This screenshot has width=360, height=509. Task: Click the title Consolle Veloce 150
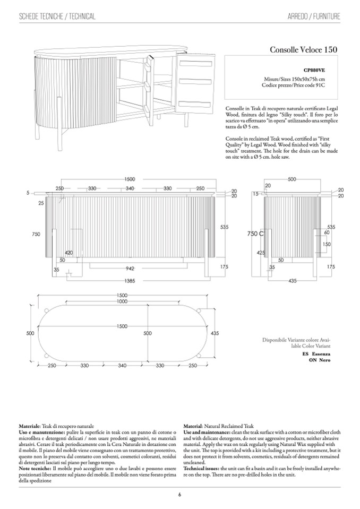303,50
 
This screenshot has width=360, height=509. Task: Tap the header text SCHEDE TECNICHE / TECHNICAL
57,16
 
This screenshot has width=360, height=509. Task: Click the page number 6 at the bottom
179,495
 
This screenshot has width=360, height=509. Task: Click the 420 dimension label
69,253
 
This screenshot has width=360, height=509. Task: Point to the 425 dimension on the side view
261,253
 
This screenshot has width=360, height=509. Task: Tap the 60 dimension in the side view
327,232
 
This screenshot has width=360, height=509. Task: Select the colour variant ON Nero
320,360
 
